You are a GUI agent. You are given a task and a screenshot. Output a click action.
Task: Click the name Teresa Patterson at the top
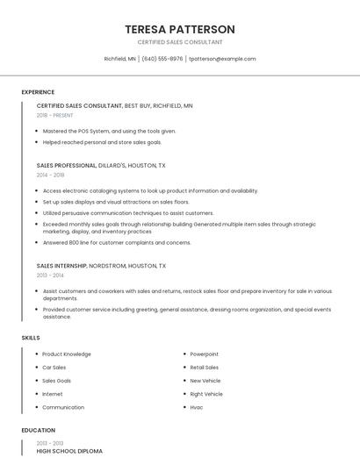180,29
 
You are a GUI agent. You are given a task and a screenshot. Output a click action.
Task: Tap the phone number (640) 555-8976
162,59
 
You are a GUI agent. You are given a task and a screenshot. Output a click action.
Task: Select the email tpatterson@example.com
223,59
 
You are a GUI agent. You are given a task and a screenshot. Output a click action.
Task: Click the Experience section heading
38,92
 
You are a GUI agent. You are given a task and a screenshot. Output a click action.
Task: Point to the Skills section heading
31,337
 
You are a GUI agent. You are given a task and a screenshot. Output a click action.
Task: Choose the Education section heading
38,430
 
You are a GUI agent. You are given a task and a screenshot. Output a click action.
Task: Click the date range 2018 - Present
56,115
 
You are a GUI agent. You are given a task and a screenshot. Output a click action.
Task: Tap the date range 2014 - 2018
50,175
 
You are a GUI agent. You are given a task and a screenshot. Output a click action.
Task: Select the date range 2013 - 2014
50,275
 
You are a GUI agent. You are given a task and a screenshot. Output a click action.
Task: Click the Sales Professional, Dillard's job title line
101,165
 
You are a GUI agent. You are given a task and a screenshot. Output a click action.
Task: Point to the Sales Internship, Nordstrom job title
101,265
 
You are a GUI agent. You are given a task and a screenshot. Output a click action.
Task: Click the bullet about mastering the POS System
109,131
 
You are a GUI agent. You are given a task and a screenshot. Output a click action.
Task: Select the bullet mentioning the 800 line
116,242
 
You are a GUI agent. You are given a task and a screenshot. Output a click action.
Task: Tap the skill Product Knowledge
67,354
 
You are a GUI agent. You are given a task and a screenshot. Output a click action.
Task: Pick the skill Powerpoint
205,354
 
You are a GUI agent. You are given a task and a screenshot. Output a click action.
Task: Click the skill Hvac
197,407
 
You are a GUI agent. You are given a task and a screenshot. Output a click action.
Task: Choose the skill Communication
63,407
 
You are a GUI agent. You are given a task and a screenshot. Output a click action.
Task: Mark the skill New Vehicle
205,381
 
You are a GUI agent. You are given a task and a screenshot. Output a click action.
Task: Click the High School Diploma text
69,451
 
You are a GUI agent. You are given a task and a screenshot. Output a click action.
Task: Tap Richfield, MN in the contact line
119,59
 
